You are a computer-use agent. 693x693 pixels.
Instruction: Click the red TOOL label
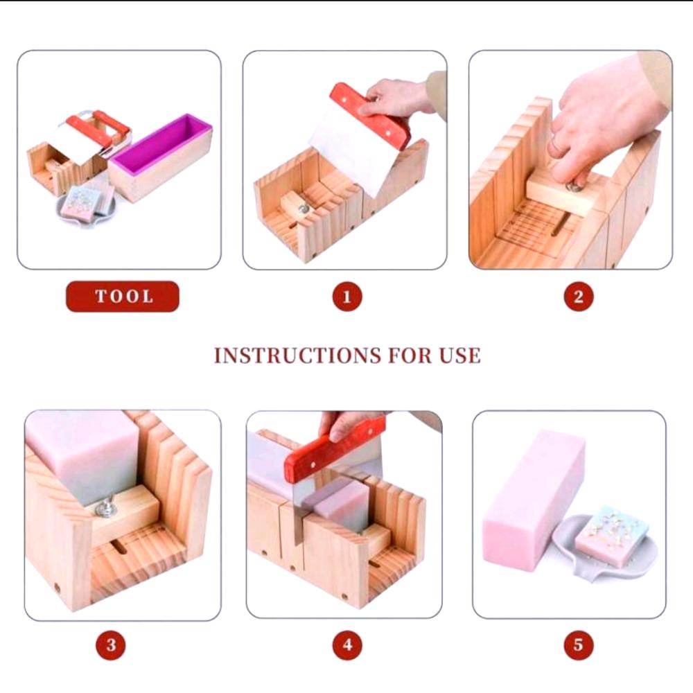coord(123,296)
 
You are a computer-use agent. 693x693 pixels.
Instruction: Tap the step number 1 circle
coord(347,297)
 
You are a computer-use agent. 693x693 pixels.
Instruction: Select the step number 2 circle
coord(578,297)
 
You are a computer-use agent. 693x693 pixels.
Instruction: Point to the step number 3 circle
coord(110,644)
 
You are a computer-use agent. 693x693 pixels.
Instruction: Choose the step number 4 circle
coord(347,644)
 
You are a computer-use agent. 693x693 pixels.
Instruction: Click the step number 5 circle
coord(578,644)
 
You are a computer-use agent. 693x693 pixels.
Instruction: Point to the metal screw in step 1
coord(303,209)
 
